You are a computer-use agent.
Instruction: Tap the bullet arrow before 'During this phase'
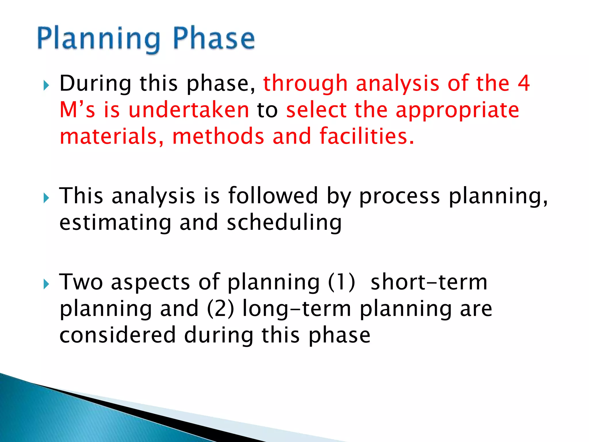(x=46, y=85)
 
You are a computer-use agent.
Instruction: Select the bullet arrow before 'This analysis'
(x=46, y=198)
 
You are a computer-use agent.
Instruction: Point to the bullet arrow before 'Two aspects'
(x=46, y=284)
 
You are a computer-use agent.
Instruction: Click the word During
(x=95, y=83)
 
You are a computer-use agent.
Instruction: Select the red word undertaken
(x=189, y=110)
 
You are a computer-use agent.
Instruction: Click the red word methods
(x=218, y=136)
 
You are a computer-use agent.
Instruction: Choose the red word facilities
(x=367, y=136)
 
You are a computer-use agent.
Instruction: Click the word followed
(x=273, y=196)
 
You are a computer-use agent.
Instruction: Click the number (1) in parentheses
(x=341, y=282)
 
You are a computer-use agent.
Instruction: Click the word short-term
(x=429, y=282)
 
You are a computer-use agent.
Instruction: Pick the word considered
(x=117, y=335)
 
